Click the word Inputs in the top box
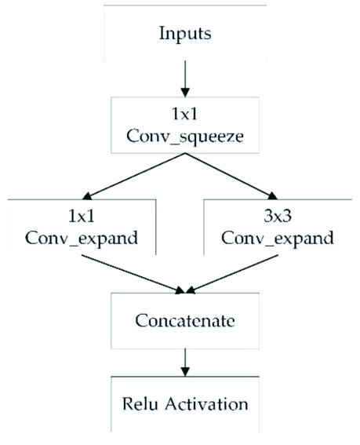coord(185,35)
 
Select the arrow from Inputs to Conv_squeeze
coord(185,79)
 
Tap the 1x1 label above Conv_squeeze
coord(184,115)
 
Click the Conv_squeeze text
coord(185,137)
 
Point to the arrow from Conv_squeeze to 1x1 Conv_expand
coord(133,177)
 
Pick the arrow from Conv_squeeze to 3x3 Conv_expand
coord(231,177)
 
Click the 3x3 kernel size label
coord(278,217)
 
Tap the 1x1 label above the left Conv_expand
coord(82,217)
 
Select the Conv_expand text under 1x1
coord(82,239)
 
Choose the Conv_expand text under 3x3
coord(278,239)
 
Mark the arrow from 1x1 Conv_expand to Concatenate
coord(133,274)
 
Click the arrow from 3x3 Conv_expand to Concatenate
coord(231,274)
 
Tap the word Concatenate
coord(185,321)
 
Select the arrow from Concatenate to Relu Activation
coord(185,363)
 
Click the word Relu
coord(140,404)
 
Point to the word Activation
coord(206,404)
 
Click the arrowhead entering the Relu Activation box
coord(185,372)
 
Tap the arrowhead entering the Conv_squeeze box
coord(185,93)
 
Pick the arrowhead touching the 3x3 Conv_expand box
coord(272,196)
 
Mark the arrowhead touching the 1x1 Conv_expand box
coord(87,196)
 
